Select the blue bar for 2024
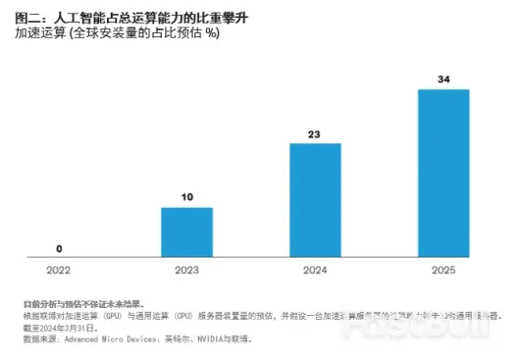click(x=315, y=200)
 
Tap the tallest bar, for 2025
click(x=443, y=174)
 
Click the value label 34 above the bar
click(x=443, y=79)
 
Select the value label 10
click(x=186, y=197)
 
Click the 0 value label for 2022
click(x=59, y=248)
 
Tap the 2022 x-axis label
click(x=59, y=269)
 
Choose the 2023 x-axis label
click(x=186, y=269)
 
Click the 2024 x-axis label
click(x=315, y=269)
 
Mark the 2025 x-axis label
click(x=443, y=269)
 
